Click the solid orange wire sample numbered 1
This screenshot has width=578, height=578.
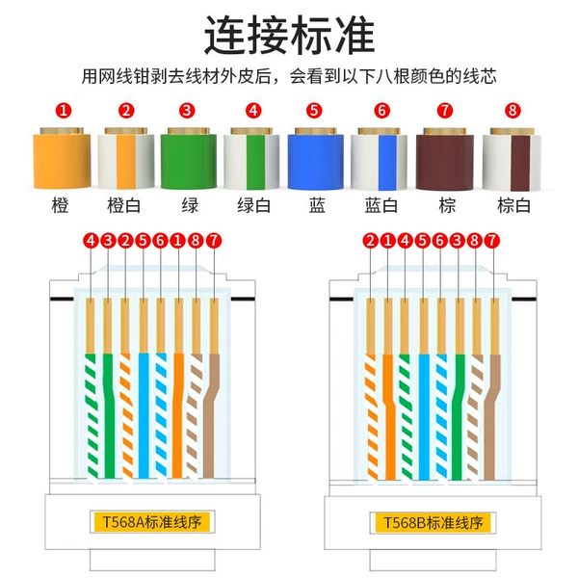[x=62, y=159]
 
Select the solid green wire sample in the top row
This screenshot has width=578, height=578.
[x=189, y=159]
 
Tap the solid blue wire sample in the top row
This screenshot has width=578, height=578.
[x=316, y=159]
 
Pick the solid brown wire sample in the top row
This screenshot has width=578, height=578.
[x=444, y=159]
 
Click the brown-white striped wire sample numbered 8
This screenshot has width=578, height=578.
[x=512, y=160]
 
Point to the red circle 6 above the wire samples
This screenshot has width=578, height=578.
[x=381, y=110]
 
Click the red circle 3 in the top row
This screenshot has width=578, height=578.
[x=187, y=110]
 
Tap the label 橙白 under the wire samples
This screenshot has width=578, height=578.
[x=124, y=205]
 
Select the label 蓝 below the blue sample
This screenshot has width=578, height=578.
[x=317, y=205]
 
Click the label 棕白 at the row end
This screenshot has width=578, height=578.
[x=513, y=205]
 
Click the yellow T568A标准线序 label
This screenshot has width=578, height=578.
[x=152, y=521]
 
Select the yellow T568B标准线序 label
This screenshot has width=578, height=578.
[x=433, y=523]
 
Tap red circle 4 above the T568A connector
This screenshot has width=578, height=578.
[x=91, y=241]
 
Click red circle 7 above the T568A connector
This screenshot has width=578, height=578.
[x=214, y=241]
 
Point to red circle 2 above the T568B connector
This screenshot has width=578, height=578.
[x=371, y=241]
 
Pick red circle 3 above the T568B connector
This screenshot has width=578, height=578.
[x=457, y=241]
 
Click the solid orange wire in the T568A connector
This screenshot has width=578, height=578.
[x=178, y=416]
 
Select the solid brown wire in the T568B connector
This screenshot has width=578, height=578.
[x=491, y=417]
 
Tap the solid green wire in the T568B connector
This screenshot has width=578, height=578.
[x=459, y=417]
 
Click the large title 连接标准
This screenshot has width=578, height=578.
[x=289, y=35]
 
